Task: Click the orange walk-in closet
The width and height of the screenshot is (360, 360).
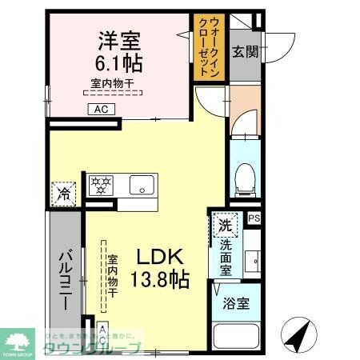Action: pyautogui.click(x=206, y=48)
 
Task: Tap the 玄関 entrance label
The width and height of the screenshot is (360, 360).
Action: pyautogui.click(x=245, y=53)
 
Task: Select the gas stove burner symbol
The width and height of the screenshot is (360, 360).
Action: pyautogui.click(x=102, y=186)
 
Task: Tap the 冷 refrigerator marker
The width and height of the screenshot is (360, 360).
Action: pyautogui.click(x=63, y=194)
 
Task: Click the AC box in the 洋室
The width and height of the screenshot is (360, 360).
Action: pyautogui.click(x=102, y=110)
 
